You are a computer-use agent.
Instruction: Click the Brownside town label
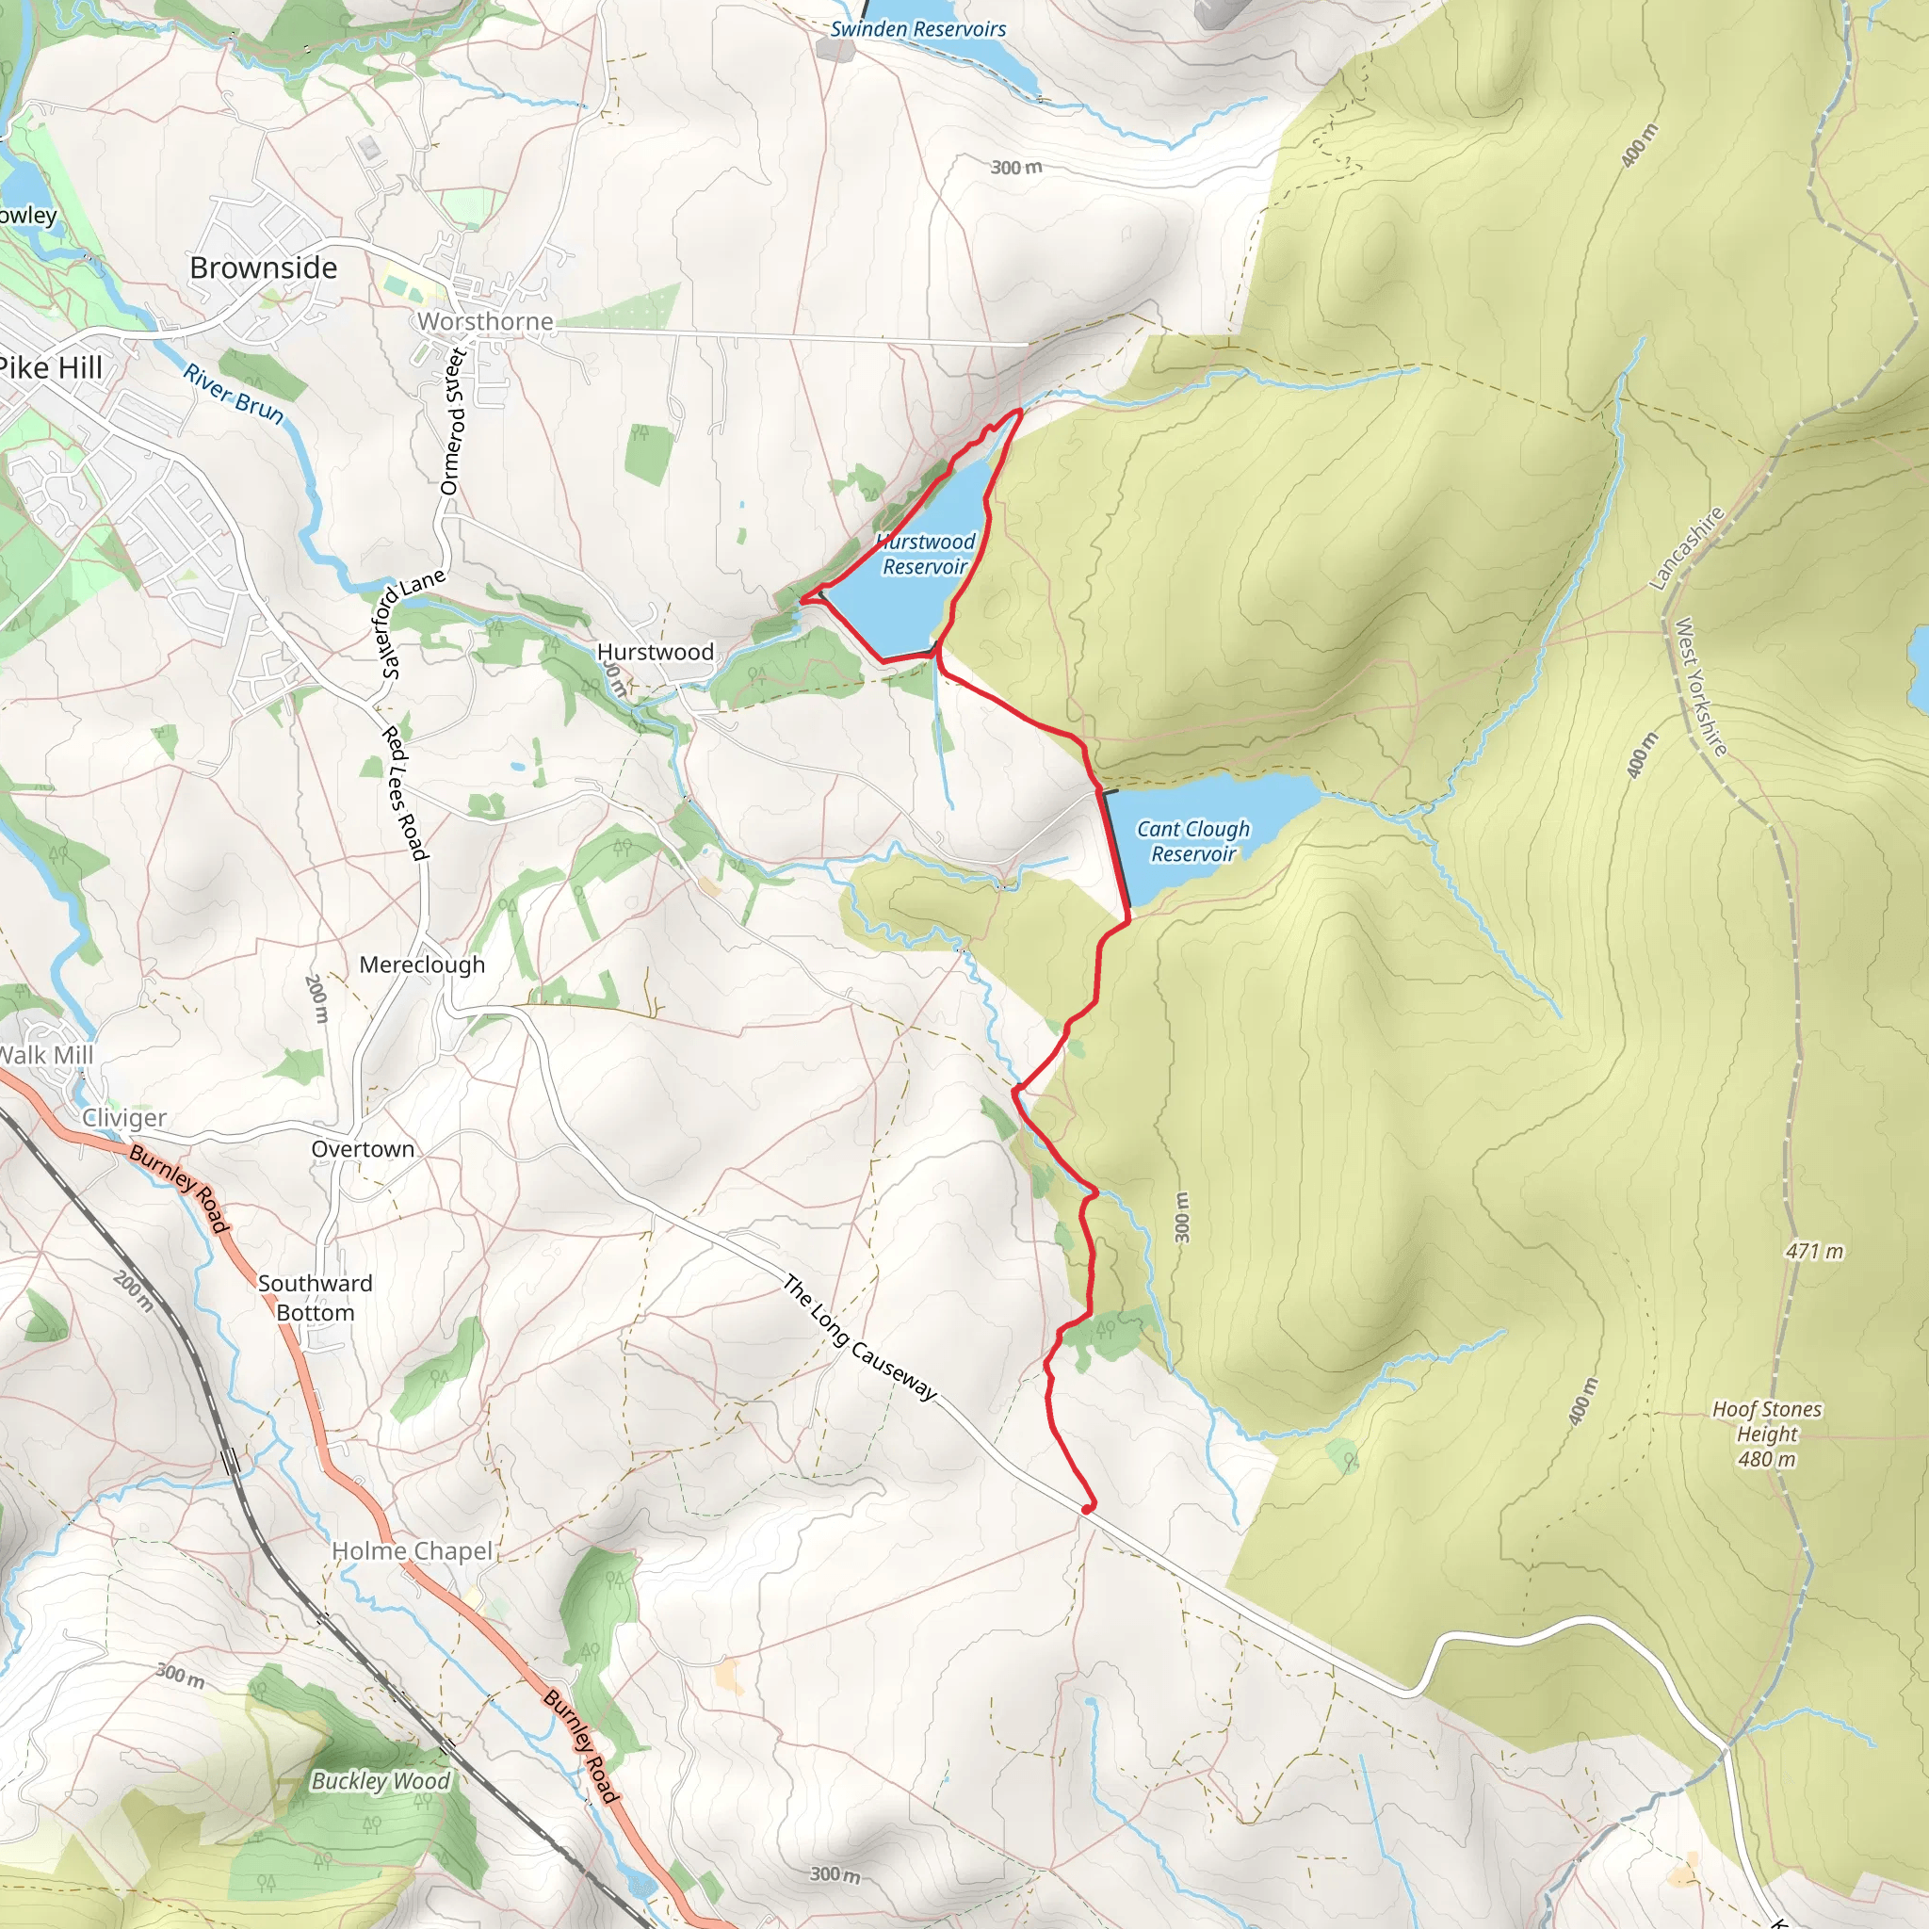click(x=264, y=267)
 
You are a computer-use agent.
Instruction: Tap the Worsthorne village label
click(x=485, y=321)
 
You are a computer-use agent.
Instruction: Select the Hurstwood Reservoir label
click(x=926, y=554)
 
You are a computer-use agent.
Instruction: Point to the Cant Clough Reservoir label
click(x=1193, y=841)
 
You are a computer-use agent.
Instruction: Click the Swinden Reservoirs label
click(x=917, y=29)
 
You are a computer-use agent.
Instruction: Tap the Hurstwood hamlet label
click(x=655, y=652)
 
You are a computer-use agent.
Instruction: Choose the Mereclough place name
click(x=421, y=964)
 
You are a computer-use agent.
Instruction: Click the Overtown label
click(x=363, y=1149)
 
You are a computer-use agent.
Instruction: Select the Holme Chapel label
click(x=412, y=1550)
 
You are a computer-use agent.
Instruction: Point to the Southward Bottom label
click(x=316, y=1298)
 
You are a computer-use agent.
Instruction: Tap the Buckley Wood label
click(x=381, y=1781)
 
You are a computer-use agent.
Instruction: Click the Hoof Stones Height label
click(x=1766, y=1434)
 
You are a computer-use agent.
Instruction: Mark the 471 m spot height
click(x=1814, y=1251)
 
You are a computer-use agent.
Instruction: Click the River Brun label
click(x=234, y=394)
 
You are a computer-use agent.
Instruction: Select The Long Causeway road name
click(x=860, y=1337)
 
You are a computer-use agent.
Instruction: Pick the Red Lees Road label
click(x=405, y=794)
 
